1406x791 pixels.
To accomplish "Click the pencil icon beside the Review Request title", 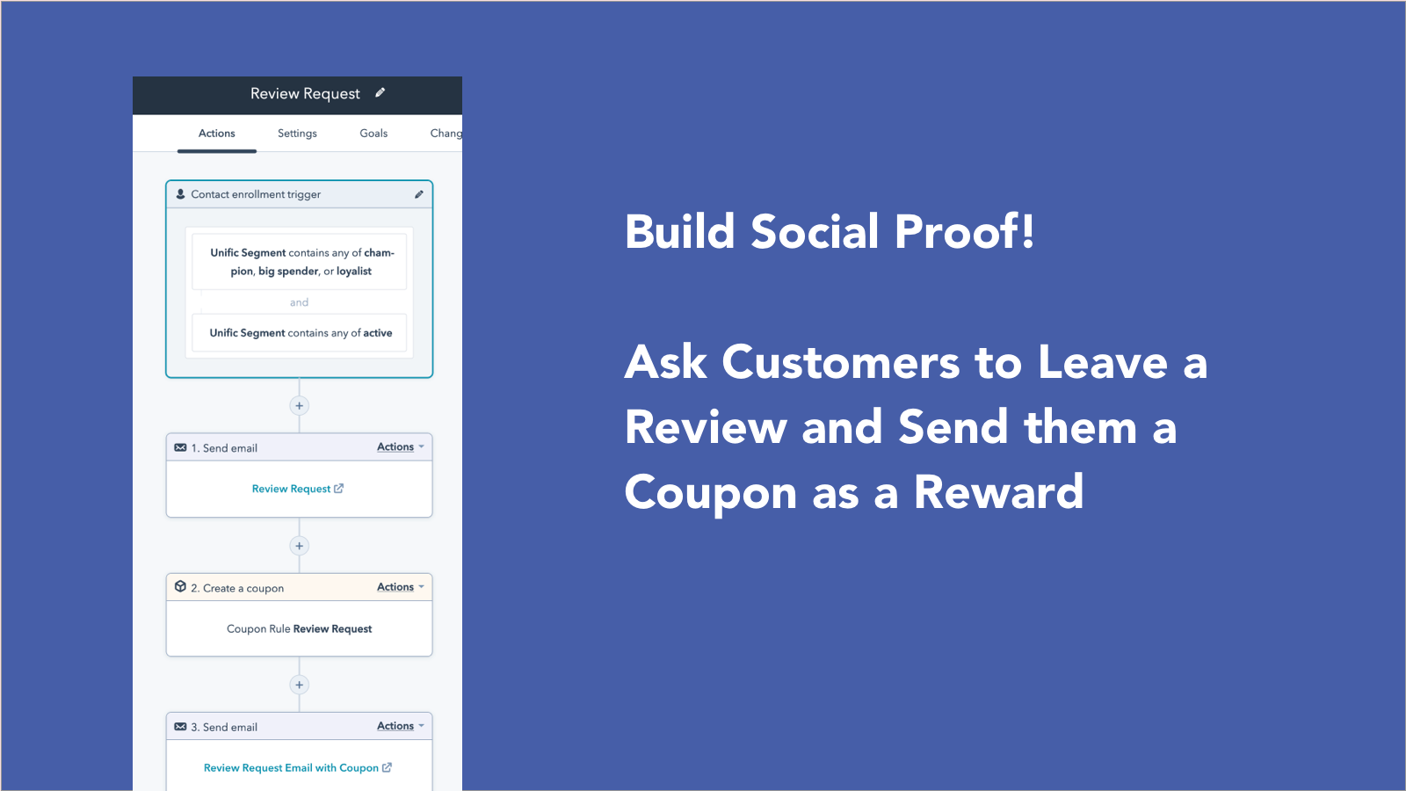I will click(380, 92).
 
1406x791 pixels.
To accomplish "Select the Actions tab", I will click(216, 134).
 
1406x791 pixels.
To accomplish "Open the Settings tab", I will click(297, 134).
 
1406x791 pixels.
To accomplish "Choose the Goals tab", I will click(373, 134).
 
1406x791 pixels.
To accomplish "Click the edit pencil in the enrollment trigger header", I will click(419, 194).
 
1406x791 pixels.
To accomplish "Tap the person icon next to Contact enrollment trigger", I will click(181, 194).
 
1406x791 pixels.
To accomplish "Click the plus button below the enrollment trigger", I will click(300, 406).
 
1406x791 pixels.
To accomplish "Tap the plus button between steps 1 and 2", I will click(300, 546).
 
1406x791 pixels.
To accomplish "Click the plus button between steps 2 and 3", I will click(300, 685).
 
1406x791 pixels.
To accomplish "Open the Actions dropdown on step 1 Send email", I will click(400, 447).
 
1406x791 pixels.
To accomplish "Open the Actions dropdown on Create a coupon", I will click(400, 587).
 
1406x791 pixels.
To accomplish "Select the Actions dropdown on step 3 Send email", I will click(400, 726).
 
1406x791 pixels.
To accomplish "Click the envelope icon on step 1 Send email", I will click(180, 447).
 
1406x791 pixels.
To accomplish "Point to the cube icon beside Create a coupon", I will click(180, 587).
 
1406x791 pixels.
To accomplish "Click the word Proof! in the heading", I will click(964, 232).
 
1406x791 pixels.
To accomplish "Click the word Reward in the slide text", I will click(998, 492).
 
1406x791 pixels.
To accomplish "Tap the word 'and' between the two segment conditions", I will click(299, 302).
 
